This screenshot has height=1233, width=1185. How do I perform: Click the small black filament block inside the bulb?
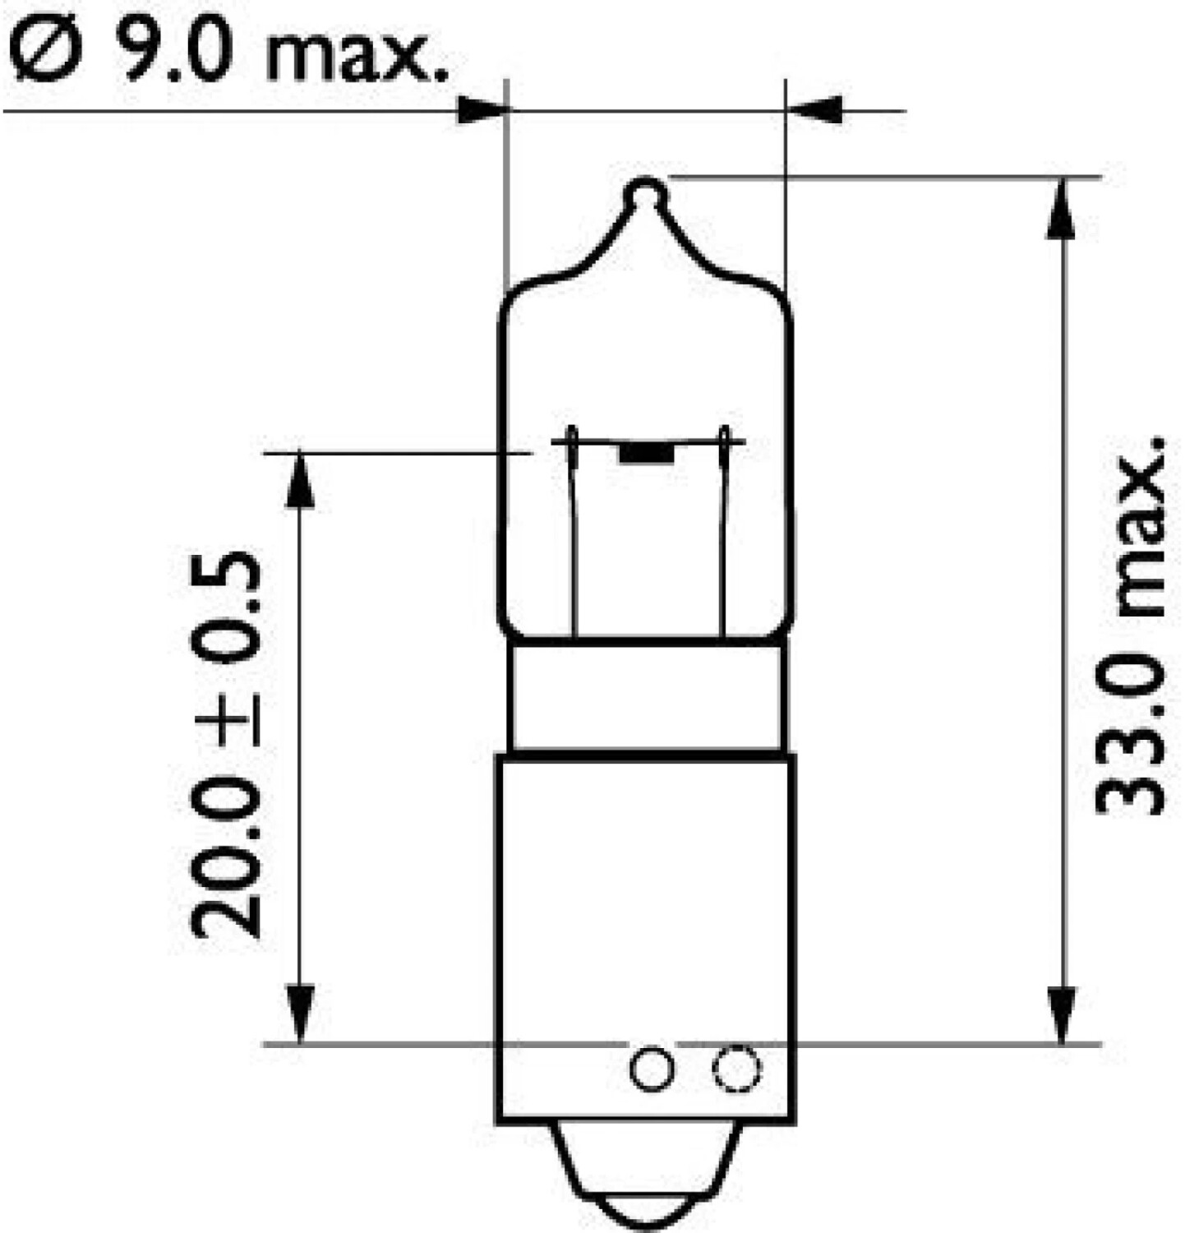646,453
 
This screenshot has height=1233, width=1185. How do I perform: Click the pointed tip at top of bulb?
647,191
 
